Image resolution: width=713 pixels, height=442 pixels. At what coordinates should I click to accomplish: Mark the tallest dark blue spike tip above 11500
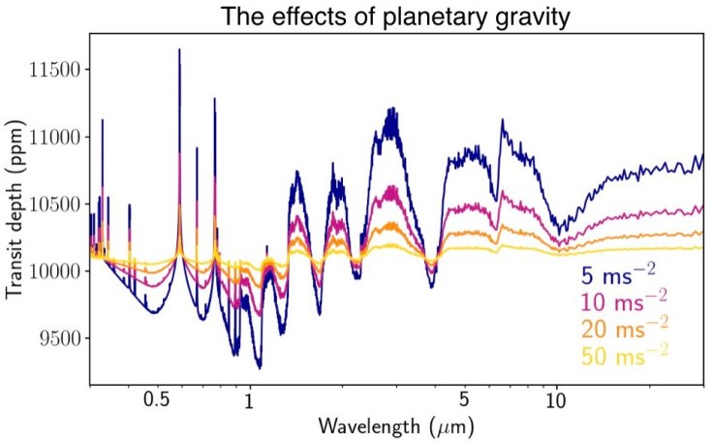(x=179, y=49)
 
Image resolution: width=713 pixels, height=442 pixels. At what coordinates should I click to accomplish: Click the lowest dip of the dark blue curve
(x=259, y=367)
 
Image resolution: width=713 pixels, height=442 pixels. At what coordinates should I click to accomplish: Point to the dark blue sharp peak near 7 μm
(x=502, y=120)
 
